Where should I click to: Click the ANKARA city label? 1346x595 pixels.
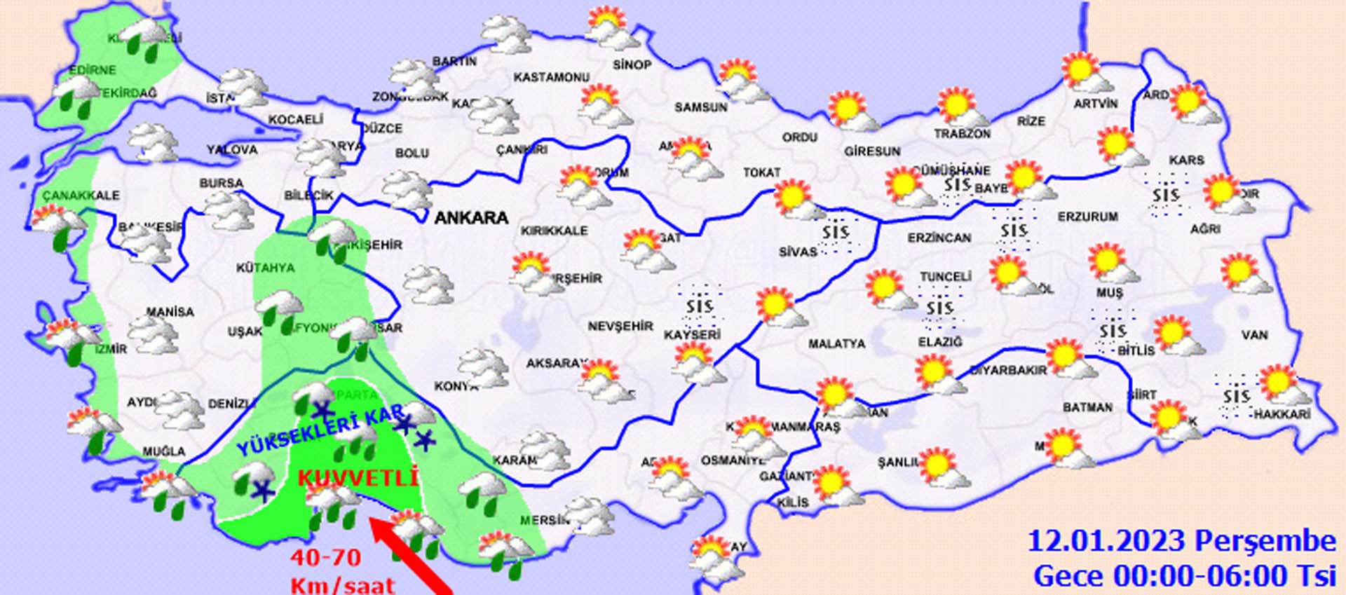(471, 218)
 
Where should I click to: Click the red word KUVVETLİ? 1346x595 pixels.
(358, 479)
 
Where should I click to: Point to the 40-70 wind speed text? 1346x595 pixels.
(326, 558)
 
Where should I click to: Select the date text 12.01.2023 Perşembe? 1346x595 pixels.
(1181, 541)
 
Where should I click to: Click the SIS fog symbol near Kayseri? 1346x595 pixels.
(699, 306)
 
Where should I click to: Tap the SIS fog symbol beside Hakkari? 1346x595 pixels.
(1236, 397)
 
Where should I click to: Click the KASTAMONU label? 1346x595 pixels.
(552, 77)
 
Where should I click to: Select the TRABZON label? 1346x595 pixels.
(962, 134)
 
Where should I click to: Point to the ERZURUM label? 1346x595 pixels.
(1087, 217)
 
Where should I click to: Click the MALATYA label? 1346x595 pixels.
(836, 344)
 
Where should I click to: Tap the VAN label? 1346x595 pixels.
(1254, 335)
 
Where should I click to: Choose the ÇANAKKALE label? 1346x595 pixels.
(81, 196)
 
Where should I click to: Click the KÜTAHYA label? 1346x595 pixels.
(265, 268)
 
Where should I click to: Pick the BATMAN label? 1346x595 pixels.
(1087, 407)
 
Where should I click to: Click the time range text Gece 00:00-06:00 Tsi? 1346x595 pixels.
(1184, 576)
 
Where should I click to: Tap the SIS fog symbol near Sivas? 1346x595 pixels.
(836, 232)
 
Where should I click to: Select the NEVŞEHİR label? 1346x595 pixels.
(620, 327)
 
